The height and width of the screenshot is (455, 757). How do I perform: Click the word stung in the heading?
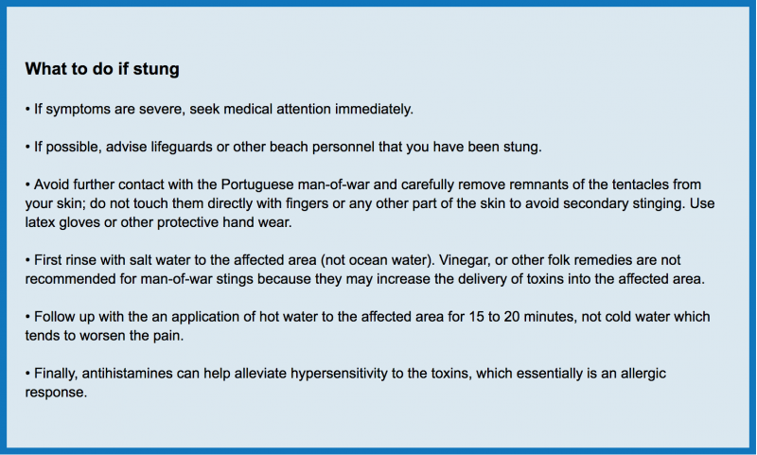coord(156,69)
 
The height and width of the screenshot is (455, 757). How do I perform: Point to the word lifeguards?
coord(182,148)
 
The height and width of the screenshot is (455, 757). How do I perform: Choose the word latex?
coord(40,222)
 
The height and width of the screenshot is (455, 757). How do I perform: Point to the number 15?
coord(477,317)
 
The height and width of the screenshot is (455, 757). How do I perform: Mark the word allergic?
coord(643,374)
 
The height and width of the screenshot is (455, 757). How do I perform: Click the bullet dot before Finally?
coord(28,374)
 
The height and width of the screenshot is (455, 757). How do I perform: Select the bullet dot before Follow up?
coord(28,318)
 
